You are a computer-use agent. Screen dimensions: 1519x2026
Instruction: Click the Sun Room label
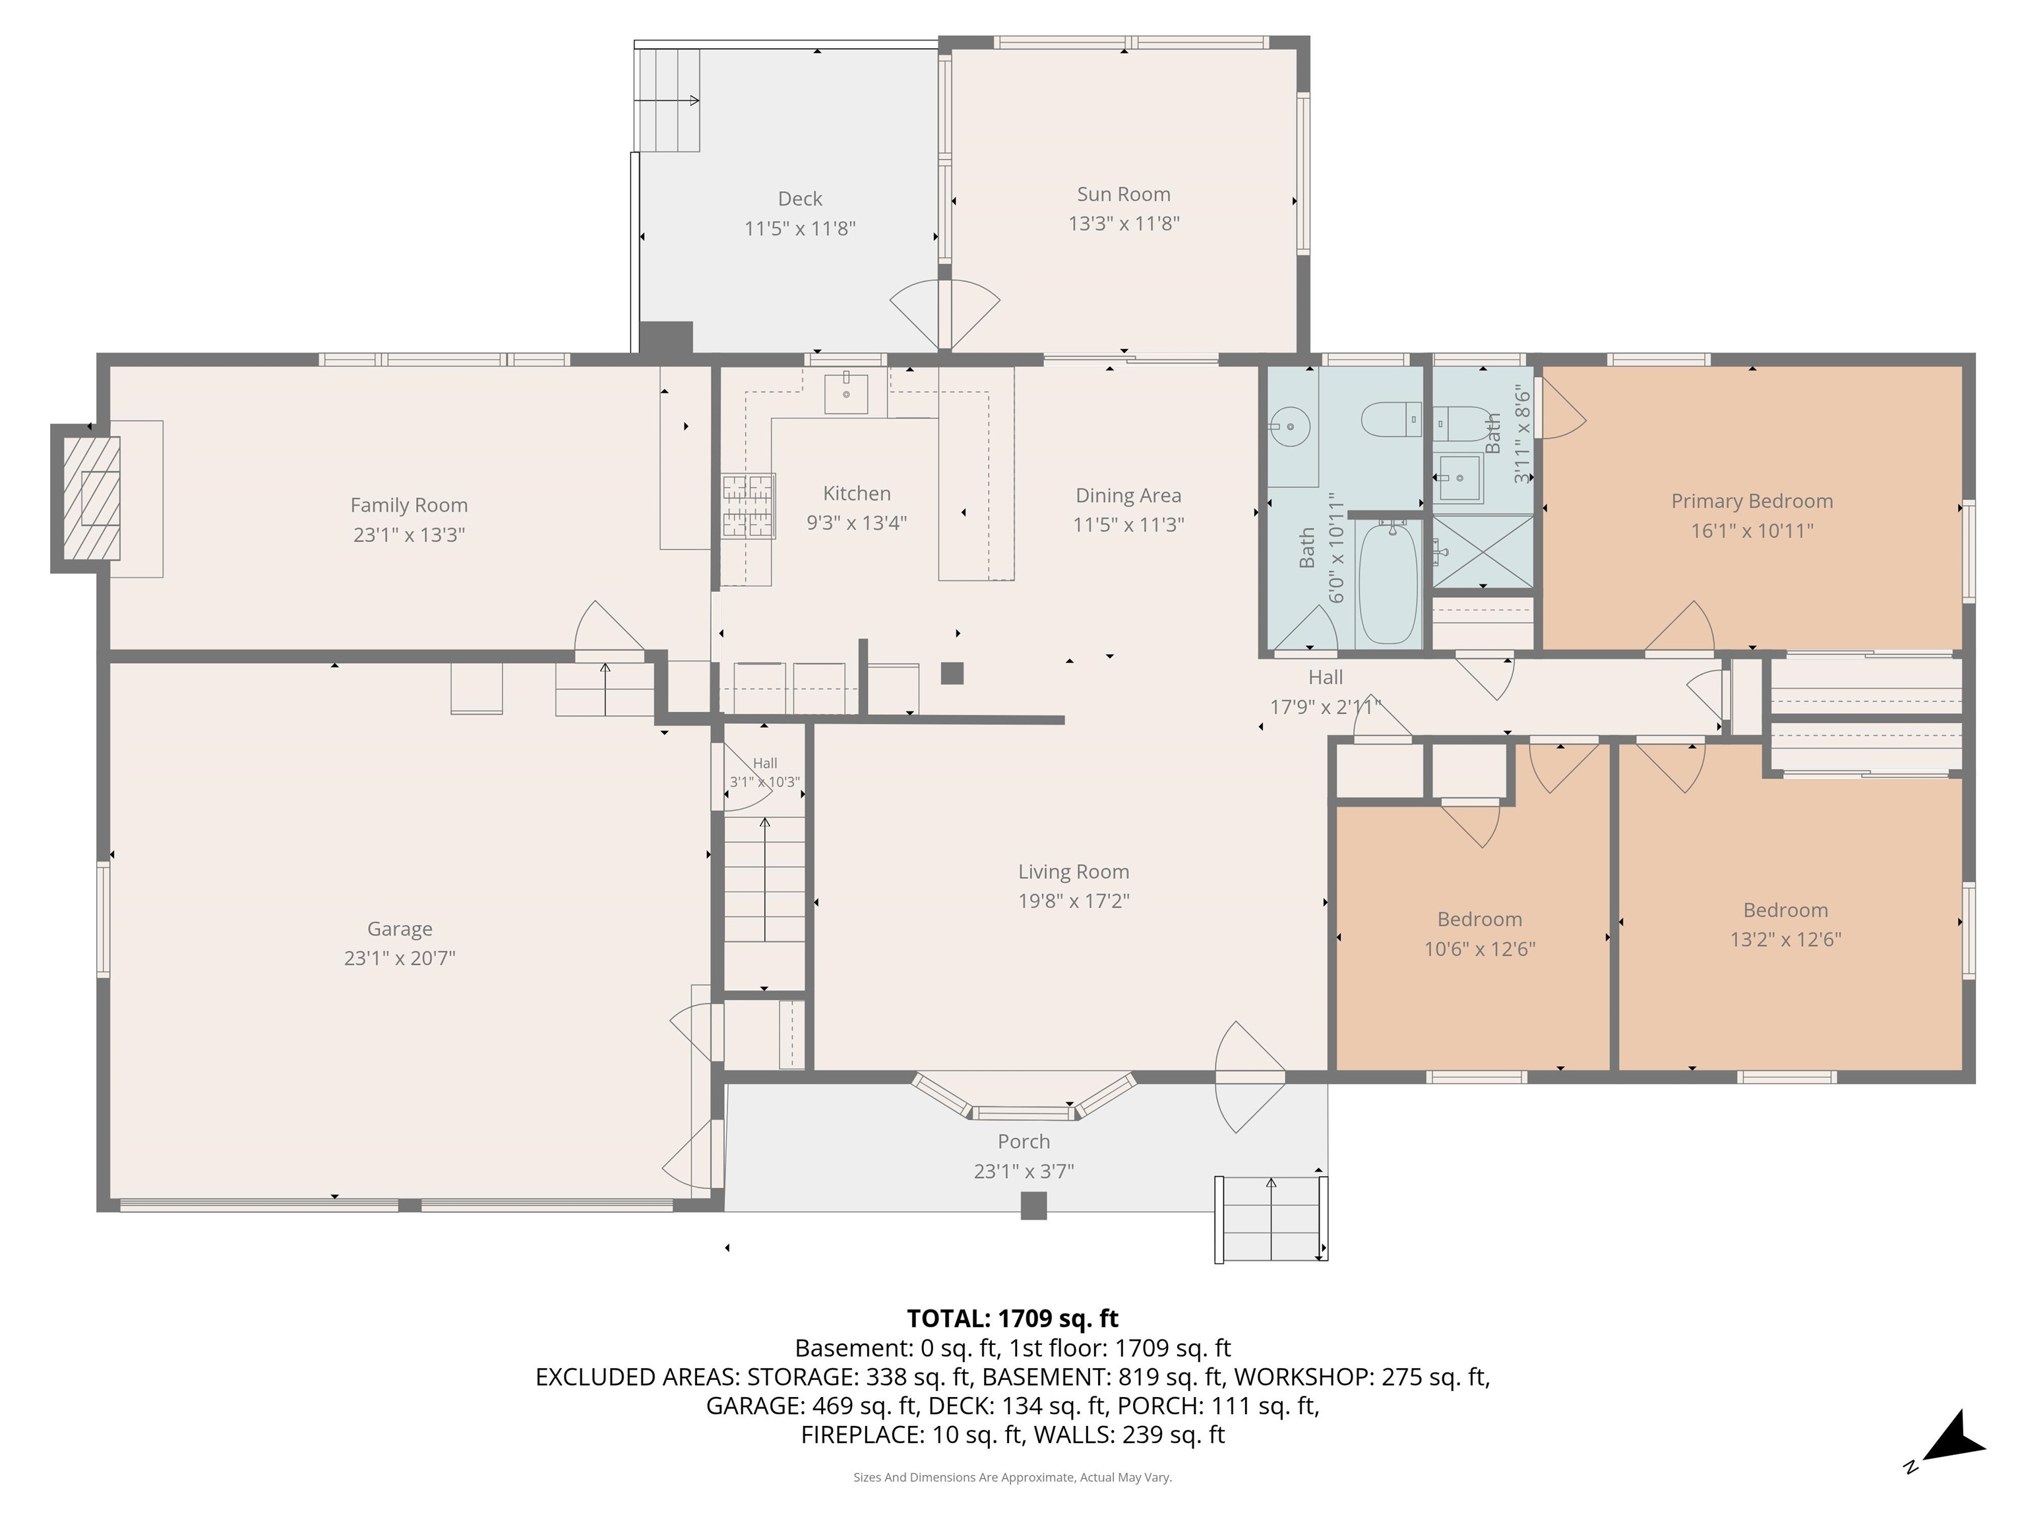1123,194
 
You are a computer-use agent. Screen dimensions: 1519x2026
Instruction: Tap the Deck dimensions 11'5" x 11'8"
799,228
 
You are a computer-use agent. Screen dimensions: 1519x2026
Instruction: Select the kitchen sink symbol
845,394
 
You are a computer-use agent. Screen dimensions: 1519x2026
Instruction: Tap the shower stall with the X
1483,551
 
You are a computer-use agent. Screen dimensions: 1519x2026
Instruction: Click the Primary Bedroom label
1751,501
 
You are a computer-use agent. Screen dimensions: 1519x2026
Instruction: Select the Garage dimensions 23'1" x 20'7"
400,958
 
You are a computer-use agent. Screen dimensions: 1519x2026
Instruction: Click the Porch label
1023,1142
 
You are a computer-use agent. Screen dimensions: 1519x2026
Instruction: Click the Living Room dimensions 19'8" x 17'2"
1074,901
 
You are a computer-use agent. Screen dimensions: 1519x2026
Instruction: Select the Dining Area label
1128,495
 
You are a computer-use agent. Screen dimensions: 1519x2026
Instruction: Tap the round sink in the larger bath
1289,427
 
